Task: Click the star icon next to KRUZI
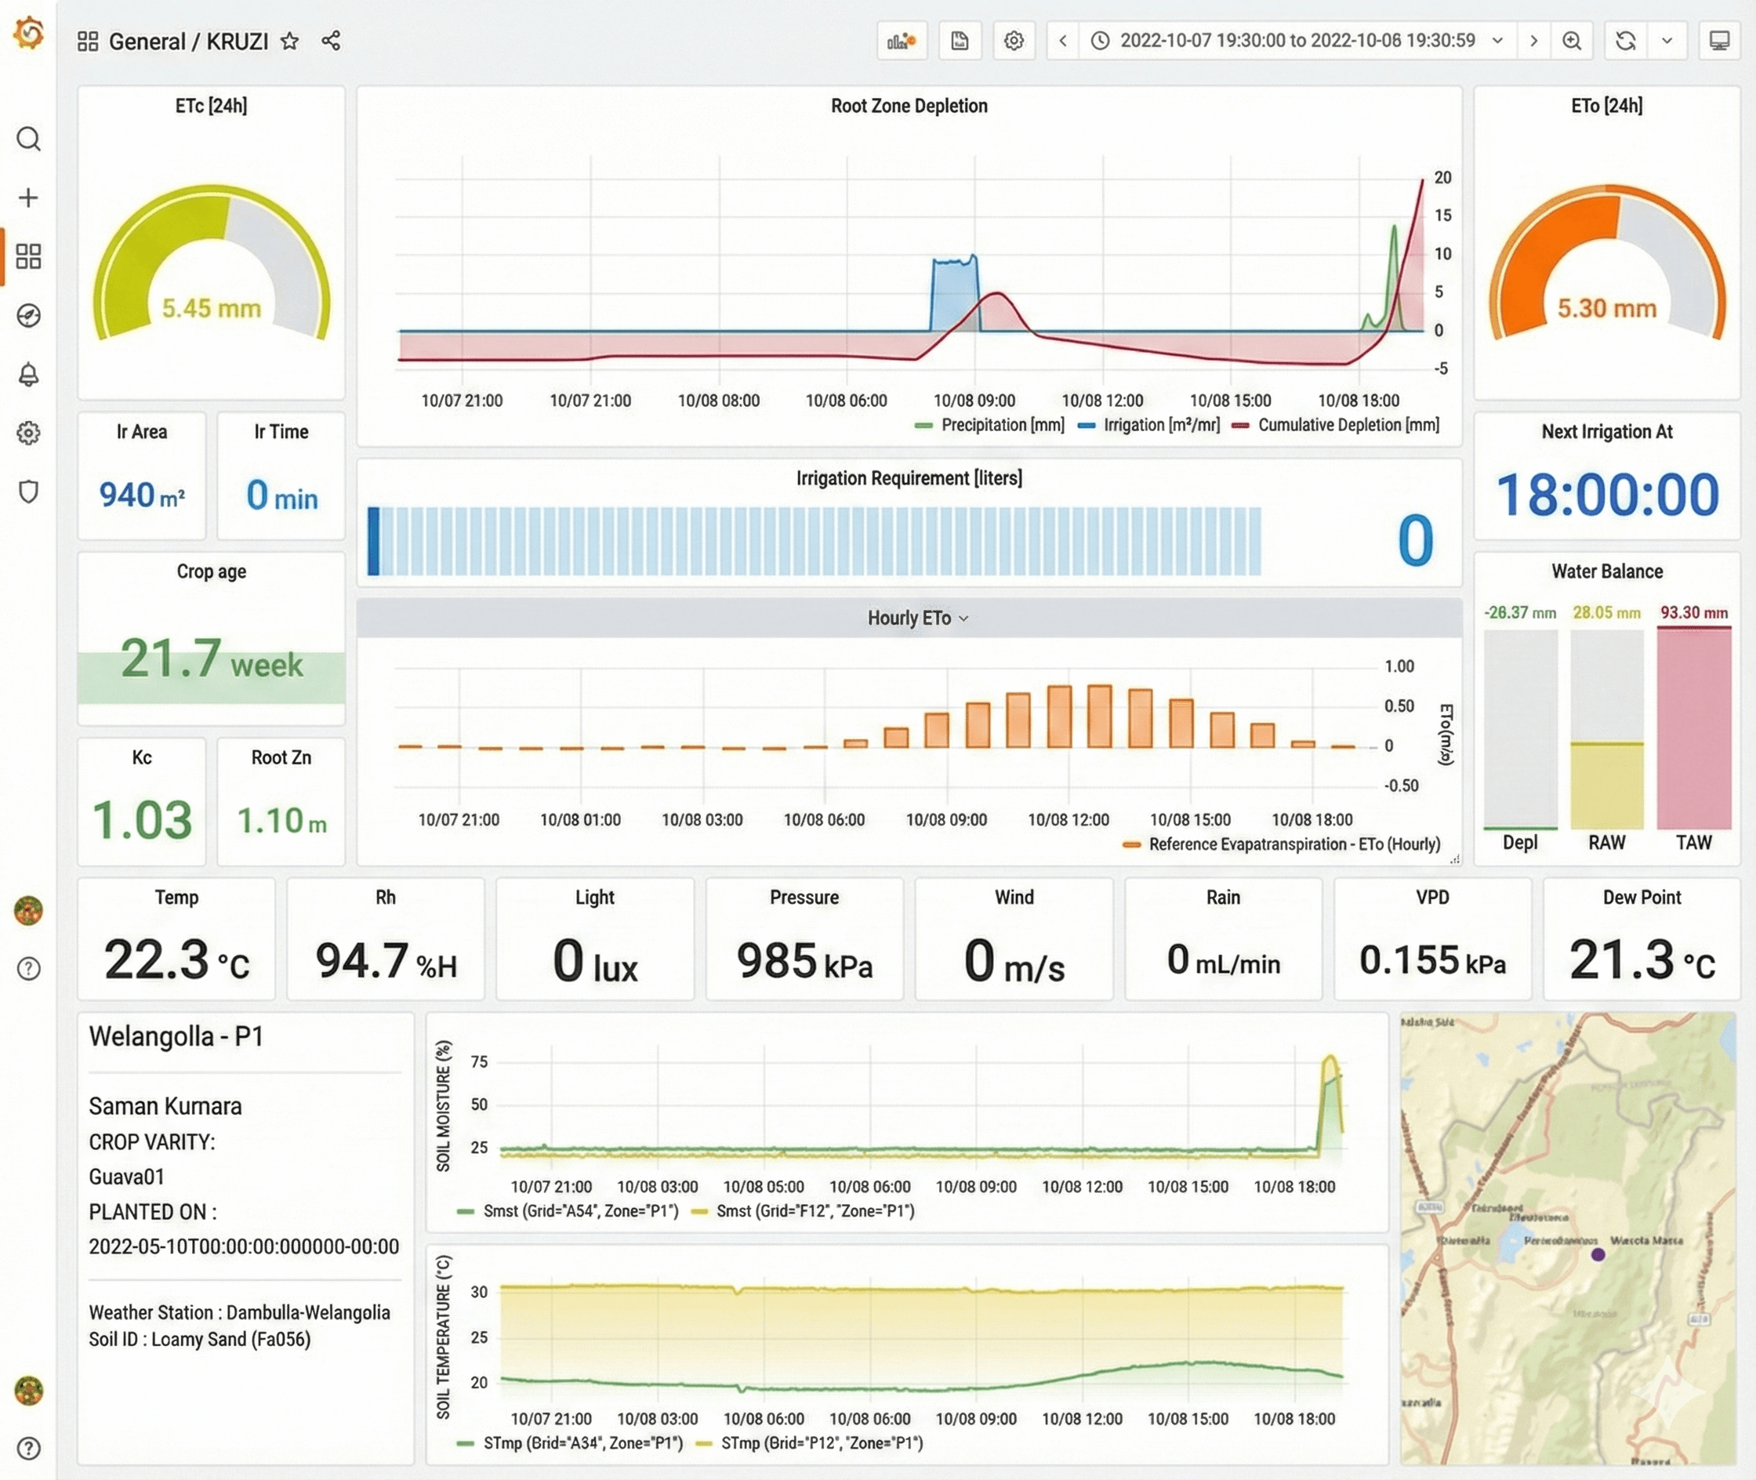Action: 289,41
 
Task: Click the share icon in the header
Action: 331,41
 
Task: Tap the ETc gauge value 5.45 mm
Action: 212,308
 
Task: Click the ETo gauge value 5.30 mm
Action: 1606,308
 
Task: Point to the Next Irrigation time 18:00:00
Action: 1606,494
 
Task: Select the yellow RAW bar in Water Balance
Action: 1605,785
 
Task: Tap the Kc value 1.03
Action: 142,820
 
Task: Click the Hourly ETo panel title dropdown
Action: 917,618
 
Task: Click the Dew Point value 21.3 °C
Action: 1641,959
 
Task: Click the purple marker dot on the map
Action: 1598,1254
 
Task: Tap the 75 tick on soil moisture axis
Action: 479,1061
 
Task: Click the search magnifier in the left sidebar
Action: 28,139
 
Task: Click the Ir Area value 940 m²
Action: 142,495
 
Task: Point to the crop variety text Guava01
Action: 127,1177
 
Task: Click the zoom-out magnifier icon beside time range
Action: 1572,41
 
